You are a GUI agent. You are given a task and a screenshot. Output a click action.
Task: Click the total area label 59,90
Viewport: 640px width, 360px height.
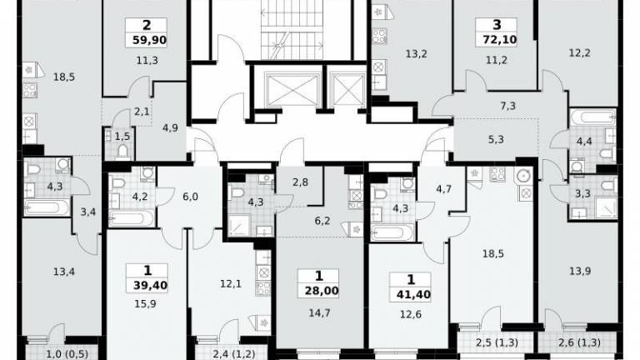tap(150, 40)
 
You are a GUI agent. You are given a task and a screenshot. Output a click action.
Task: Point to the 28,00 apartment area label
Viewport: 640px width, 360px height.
tap(322, 291)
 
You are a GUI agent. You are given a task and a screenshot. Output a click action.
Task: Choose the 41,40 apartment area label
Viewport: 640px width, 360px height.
tap(413, 294)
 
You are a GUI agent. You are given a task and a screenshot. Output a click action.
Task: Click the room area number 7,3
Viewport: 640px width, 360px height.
tap(507, 106)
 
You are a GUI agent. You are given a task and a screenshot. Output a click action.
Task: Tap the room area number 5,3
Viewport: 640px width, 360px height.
tap(496, 140)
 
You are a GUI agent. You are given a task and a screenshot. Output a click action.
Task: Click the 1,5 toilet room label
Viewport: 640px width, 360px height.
tap(122, 137)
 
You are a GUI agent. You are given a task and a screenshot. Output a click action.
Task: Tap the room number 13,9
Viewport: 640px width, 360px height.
tap(580, 271)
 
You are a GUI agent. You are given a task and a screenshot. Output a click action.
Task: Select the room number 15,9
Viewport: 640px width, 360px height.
tap(145, 304)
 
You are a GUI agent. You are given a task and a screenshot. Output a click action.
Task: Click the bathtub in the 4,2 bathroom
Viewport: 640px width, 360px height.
tap(131, 219)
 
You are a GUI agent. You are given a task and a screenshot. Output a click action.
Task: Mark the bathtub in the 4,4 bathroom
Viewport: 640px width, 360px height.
tap(592, 117)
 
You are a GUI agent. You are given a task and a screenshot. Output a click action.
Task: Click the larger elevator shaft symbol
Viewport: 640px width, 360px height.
tap(292, 89)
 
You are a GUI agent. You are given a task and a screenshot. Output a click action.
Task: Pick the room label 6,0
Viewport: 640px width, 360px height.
tap(190, 197)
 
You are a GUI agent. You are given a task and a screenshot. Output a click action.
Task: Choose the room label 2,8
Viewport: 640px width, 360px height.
tap(300, 182)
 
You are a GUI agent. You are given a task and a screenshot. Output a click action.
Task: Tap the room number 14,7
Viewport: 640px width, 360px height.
tap(320, 313)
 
